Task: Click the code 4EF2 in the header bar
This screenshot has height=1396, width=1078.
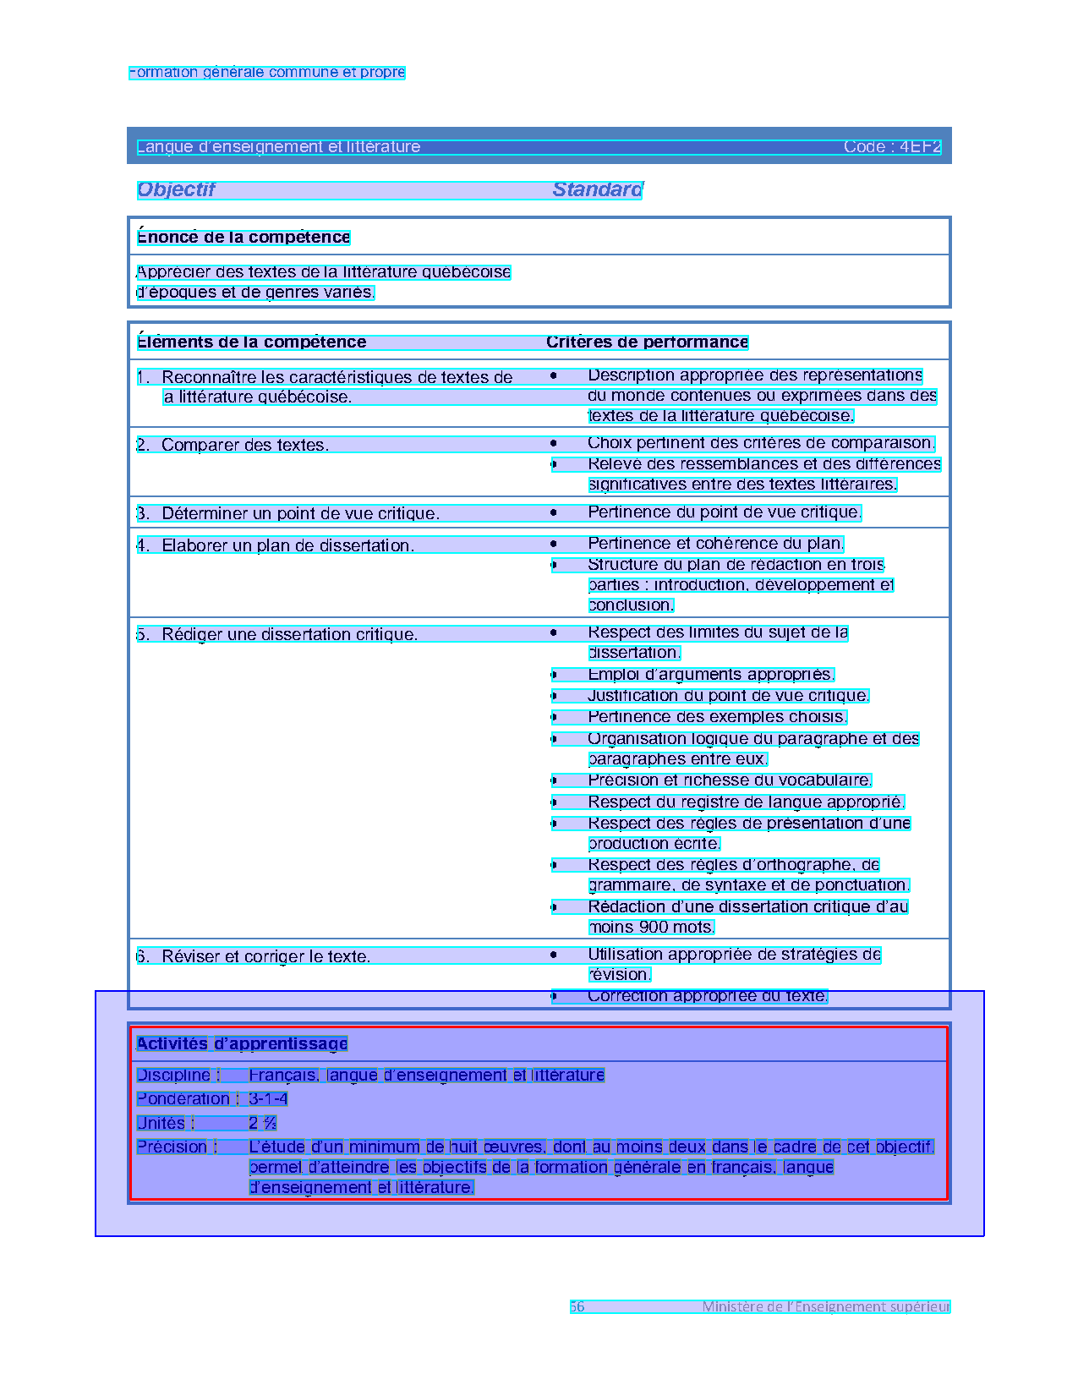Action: click(892, 147)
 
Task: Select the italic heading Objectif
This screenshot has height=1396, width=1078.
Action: click(176, 190)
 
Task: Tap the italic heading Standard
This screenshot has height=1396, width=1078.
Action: click(597, 190)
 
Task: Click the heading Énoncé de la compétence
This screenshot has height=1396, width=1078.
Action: click(244, 238)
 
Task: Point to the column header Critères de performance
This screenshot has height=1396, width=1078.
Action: click(647, 342)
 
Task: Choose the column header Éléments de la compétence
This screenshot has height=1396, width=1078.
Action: click(251, 342)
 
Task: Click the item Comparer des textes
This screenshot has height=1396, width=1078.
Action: click(244, 446)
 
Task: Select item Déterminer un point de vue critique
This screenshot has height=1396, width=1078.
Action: click(300, 514)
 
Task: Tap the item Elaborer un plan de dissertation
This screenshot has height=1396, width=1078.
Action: click(287, 546)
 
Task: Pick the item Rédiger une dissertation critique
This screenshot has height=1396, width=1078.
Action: click(289, 635)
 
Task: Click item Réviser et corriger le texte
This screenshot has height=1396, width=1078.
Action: click(265, 957)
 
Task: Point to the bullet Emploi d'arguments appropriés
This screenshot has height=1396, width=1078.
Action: click(710, 675)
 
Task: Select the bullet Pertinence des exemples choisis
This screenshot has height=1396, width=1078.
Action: click(717, 717)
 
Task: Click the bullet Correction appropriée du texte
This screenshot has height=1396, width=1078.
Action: click(708, 996)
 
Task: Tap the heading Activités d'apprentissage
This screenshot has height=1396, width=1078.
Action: click(242, 1044)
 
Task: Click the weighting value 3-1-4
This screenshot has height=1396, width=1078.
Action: click(268, 1099)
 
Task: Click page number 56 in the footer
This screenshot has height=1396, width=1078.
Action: click(577, 1307)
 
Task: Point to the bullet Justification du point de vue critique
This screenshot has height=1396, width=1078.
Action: click(728, 696)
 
